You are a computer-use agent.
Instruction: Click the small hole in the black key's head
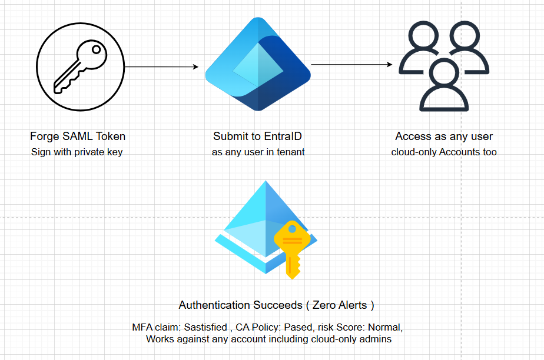click(x=96, y=49)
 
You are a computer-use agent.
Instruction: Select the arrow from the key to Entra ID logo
click(x=162, y=66)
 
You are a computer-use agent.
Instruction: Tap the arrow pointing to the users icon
click(x=351, y=64)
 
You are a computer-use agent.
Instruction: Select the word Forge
click(x=45, y=136)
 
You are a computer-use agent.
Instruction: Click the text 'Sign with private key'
click(x=77, y=152)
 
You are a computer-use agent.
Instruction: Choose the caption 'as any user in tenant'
click(x=258, y=152)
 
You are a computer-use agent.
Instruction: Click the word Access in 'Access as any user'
click(x=413, y=136)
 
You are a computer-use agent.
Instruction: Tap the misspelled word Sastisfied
click(x=205, y=327)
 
